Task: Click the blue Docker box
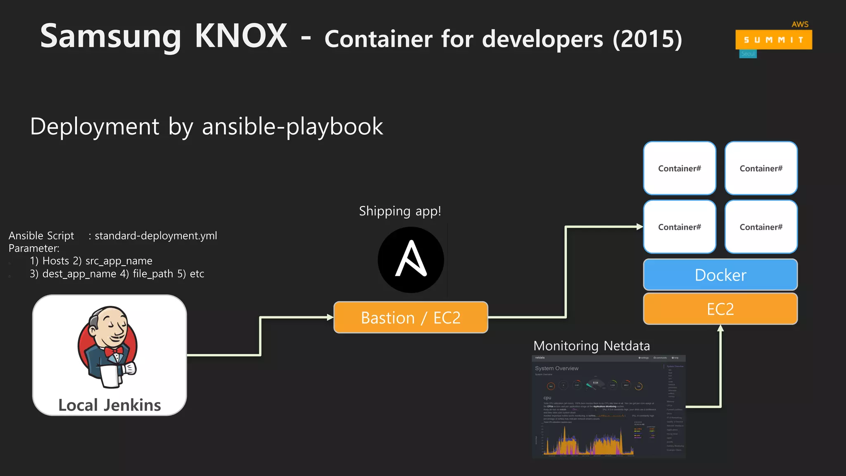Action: point(720,275)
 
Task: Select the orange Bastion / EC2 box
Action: point(411,317)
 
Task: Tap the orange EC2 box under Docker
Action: point(720,309)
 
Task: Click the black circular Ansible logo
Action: point(411,260)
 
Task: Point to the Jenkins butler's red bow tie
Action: point(114,351)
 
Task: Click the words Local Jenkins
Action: point(109,405)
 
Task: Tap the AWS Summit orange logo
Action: point(773,40)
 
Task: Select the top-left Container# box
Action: point(680,168)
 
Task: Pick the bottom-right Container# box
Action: point(761,227)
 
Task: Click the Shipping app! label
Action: point(400,211)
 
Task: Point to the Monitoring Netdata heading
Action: point(592,345)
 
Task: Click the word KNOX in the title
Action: point(241,36)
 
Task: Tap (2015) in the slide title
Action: point(647,39)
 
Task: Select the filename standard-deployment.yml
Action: point(156,236)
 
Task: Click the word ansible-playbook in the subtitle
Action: point(292,126)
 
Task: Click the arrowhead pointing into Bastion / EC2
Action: point(330,317)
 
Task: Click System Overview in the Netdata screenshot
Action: point(556,368)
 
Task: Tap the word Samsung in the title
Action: point(110,36)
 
